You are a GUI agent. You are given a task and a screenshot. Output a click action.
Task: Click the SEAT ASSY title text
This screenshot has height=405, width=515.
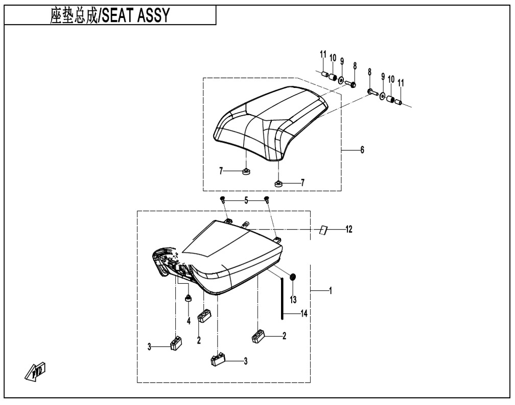[110, 16]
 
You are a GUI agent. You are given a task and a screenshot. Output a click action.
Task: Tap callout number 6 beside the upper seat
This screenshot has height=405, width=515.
[362, 150]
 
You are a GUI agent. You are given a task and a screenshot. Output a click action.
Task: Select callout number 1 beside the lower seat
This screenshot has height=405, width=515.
[331, 291]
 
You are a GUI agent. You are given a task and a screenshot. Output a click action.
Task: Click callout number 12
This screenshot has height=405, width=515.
[348, 230]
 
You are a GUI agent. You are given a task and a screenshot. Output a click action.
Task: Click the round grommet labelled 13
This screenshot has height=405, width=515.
[293, 277]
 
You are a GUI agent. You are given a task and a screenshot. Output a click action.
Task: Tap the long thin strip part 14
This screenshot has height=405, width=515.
[282, 297]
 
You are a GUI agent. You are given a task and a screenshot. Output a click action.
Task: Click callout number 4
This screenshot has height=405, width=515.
[188, 321]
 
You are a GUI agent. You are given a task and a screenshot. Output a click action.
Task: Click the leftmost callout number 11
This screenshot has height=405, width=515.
[323, 54]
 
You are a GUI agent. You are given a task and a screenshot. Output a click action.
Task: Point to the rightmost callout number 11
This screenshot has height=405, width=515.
[401, 82]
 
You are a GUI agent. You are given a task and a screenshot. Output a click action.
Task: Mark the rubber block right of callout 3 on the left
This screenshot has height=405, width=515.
[177, 342]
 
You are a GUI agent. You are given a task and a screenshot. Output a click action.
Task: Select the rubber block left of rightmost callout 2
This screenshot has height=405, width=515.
[258, 335]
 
